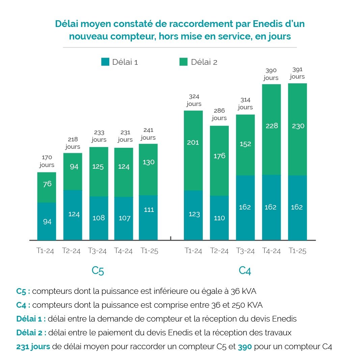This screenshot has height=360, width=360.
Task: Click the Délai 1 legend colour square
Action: (105, 62)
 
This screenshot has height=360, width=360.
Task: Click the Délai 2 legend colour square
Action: (183, 62)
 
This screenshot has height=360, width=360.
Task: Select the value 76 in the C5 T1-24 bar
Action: (47, 184)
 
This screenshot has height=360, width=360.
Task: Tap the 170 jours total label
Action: (47, 161)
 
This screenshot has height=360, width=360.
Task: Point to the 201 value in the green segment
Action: (193, 142)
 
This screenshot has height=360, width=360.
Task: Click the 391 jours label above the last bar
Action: (297, 73)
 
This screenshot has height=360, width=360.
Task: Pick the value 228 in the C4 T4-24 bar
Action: (272, 126)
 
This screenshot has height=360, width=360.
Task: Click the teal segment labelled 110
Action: (219, 218)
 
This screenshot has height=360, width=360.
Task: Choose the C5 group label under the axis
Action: (98, 271)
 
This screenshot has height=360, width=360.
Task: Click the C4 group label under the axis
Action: (245, 271)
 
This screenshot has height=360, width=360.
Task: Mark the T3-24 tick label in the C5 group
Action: (97, 251)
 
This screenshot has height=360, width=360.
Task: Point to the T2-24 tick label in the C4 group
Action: (219, 251)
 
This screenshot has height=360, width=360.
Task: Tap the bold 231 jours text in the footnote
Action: (33, 347)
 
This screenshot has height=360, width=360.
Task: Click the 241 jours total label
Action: (148, 134)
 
